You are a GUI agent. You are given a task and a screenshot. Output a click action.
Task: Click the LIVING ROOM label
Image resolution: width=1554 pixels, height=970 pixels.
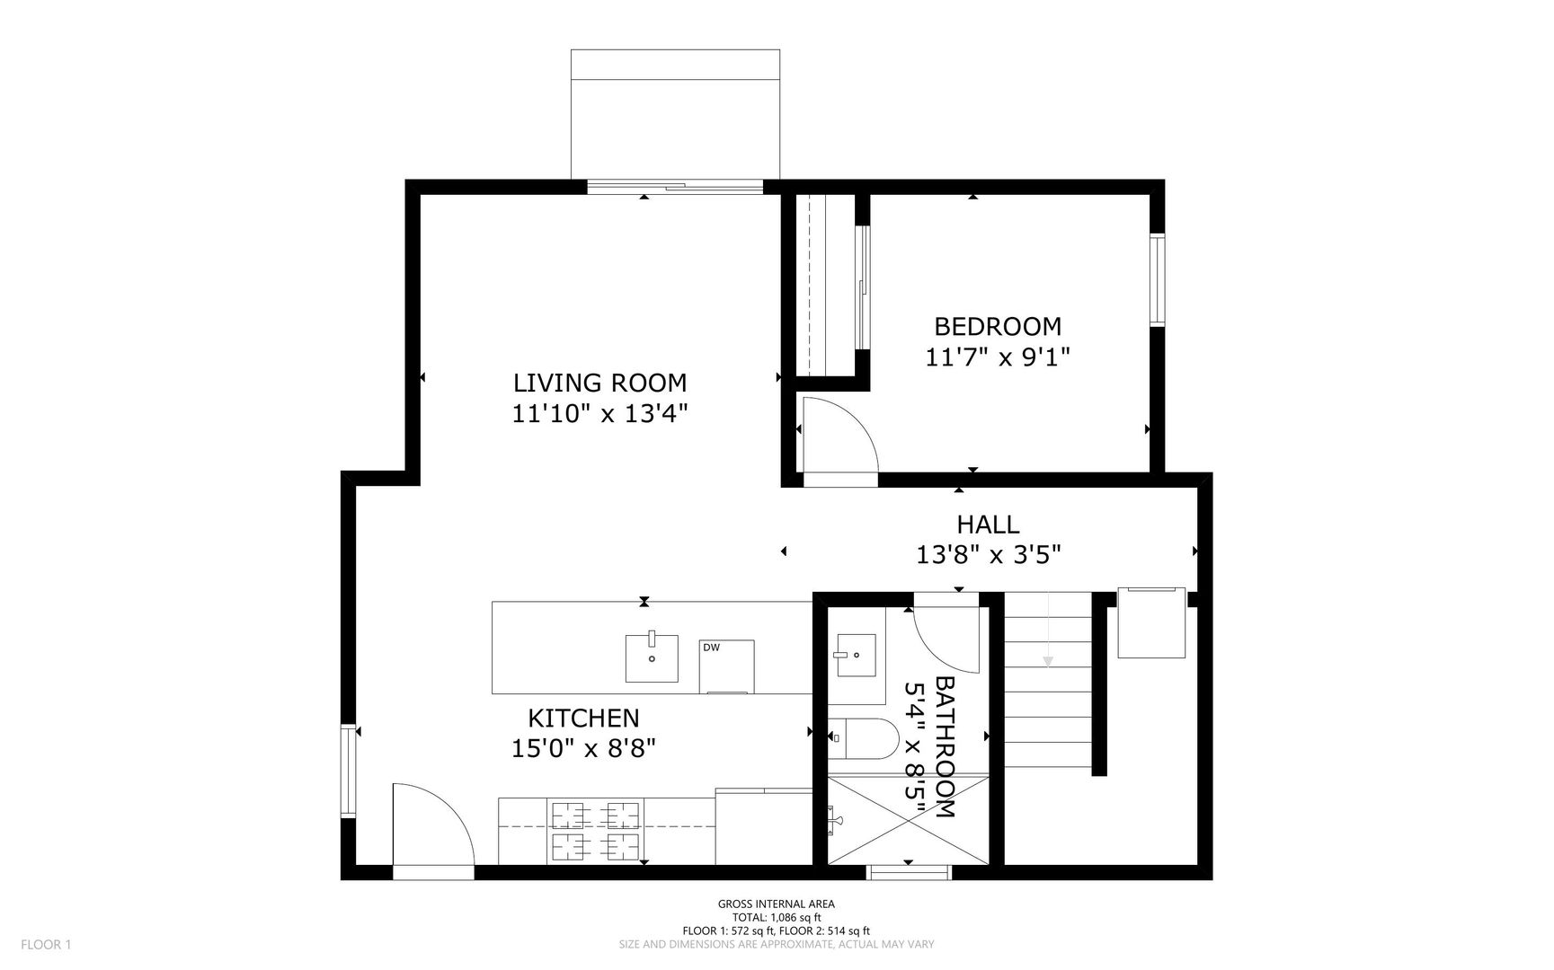point(599,383)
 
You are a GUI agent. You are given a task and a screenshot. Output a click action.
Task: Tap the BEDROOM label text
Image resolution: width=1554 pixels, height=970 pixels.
point(998,326)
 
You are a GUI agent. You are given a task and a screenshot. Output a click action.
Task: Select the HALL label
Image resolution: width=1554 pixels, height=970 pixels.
point(988,525)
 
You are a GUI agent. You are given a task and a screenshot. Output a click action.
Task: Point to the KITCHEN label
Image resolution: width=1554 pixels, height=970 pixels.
point(583,719)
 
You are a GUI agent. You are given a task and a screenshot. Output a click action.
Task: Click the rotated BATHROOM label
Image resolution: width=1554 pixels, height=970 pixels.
point(945,747)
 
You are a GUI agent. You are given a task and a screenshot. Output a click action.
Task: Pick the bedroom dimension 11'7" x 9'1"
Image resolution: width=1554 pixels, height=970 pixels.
point(998,357)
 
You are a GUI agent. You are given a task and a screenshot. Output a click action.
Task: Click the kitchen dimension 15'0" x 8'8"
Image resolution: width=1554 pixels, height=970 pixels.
point(583,749)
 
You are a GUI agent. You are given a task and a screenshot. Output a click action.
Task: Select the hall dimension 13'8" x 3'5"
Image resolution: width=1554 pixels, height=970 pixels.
point(989,555)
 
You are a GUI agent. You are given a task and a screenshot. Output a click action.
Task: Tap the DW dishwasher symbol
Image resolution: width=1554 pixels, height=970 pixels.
point(726,666)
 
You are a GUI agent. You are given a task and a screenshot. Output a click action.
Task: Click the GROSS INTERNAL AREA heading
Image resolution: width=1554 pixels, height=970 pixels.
point(776,904)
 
